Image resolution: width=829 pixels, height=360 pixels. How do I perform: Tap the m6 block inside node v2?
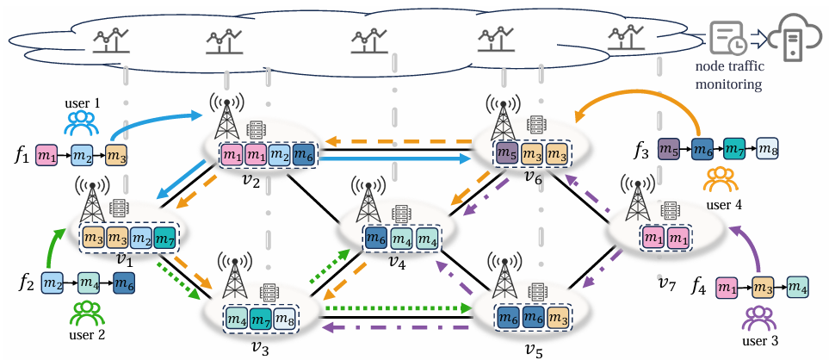coord(303,156)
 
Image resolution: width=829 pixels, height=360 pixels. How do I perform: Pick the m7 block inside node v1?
coord(167,234)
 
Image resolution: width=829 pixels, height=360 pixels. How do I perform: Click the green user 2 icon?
coord(87,313)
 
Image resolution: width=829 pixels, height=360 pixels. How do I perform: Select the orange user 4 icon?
coord(716,179)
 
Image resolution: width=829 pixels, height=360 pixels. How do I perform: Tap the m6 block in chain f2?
coord(123,282)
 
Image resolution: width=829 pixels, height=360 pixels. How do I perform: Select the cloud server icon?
coord(793,36)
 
